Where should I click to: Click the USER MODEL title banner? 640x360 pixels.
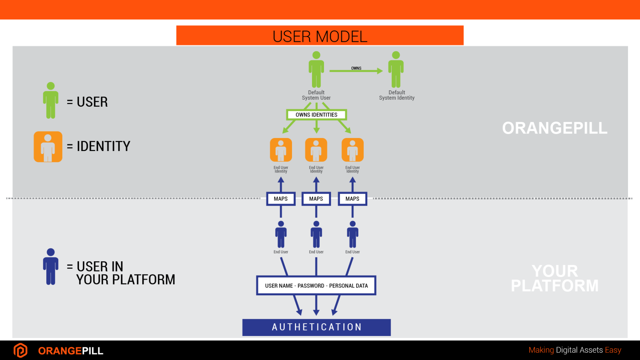(320, 36)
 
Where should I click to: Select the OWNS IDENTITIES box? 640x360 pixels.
(316, 115)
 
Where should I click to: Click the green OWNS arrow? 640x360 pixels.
(356, 71)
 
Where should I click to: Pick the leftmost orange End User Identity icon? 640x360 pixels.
(281, 150)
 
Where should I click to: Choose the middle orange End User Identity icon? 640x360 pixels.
(316, 150)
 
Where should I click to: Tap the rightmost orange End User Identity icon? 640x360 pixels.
(352, 150)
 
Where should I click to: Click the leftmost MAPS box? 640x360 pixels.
(281, 199)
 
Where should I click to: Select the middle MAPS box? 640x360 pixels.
(316, 199)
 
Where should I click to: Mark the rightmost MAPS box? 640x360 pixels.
(352, 199)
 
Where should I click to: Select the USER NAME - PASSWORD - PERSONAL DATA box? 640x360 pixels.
(316, 286)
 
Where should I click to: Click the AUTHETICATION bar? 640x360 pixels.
(316, 327)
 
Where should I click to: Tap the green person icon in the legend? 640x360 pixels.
(51, 100)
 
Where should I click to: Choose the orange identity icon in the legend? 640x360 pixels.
(48, 147)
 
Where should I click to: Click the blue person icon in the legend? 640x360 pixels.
(51, 266)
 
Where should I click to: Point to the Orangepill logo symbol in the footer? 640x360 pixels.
(20, 351)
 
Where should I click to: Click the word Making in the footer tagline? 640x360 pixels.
(541, 350)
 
